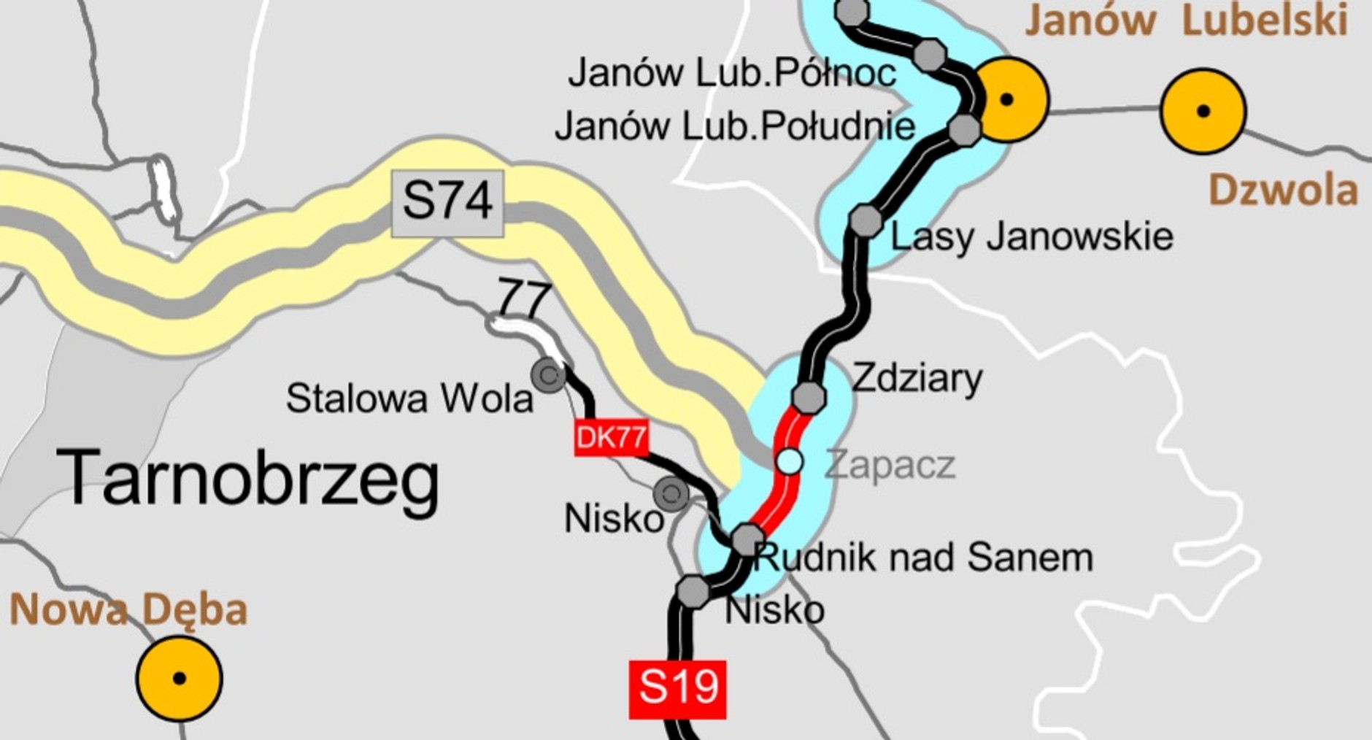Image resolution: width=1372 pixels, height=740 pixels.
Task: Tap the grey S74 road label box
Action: (x=447, y=203)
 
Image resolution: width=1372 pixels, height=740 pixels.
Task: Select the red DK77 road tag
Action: (x=611, y=438)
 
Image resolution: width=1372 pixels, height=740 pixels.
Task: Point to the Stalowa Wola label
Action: (x=409, y=398)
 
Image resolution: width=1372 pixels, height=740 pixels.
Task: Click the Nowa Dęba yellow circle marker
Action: (x=179, y=678)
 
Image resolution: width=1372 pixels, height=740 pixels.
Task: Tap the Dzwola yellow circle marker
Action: (x=1203, y=111)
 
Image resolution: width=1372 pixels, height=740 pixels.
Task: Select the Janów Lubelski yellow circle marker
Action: (x=1007, y=99)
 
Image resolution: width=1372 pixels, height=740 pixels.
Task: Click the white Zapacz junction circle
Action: (x=789, y=462)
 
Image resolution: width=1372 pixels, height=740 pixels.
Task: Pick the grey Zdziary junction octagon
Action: (x=808, y=397)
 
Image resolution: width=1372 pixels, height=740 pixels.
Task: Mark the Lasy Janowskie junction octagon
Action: (x=866, y=220)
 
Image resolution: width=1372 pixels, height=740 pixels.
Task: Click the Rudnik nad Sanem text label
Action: (x=924, y=558)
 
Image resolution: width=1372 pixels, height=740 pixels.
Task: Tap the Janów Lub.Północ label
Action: (x=732, y=73)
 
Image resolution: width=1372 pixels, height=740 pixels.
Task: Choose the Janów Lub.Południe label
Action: (x=734, y=126)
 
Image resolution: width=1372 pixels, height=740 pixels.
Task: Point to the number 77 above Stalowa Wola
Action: (x=524, y=298)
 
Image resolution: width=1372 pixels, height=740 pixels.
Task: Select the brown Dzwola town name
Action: (x=1283, y=190)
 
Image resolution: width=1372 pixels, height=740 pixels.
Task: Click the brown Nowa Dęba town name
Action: (x=128, y=610)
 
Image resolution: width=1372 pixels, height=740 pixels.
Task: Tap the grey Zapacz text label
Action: (x=890, y=465)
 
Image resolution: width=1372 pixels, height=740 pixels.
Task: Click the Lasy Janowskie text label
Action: (x=1031, y=237)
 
